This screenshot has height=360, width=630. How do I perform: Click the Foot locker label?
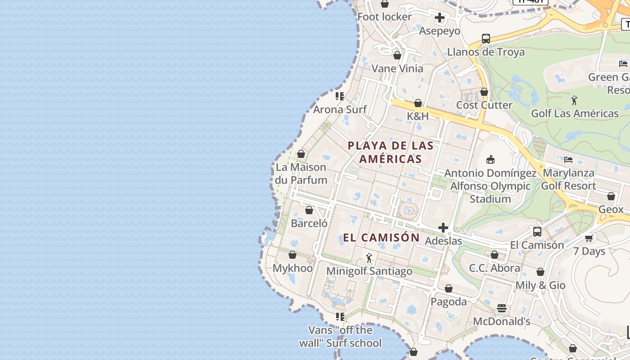click(384, 17)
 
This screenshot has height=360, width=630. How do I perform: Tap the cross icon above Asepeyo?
click(440, 18)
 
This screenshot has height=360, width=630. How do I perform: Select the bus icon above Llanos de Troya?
click(486, 39)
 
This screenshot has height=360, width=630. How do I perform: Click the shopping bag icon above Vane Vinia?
click(397, 56)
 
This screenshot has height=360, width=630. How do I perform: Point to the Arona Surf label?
click(340, 109)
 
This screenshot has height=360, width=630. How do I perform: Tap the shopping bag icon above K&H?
click(418, 103)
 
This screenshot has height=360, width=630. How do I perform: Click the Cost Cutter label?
click(484, 105)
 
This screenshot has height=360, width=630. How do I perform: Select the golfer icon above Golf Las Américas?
click(574, 100)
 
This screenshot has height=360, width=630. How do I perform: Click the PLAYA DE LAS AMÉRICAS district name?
click(391, 152)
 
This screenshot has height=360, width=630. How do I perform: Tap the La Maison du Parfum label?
click(301, 174)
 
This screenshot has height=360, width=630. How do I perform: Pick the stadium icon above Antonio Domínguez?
click(490, 160)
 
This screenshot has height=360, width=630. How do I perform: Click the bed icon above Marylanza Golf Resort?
click(568, 160)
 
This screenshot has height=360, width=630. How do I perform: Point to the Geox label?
click(611, 209)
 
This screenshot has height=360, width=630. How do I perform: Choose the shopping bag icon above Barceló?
click(309, 210)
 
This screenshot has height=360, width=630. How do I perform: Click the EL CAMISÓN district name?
click(381, 238)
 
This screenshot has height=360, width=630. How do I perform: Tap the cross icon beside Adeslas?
click(443, 228)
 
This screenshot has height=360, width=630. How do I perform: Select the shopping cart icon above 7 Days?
click(589, 238)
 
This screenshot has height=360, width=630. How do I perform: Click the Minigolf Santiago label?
click(369, 271)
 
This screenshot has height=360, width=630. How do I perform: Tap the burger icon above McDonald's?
click(502, 308)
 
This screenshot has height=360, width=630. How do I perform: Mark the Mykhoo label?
click(292, 268)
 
